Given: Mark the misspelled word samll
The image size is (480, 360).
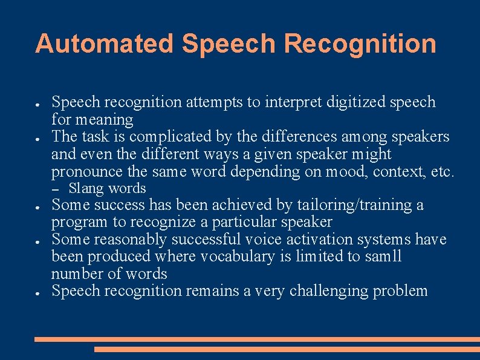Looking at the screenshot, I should tap(383, 257).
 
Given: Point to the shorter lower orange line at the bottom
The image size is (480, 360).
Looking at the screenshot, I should tap(287, 349).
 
